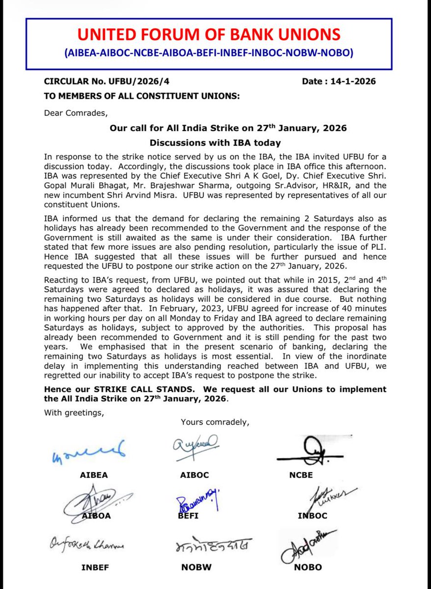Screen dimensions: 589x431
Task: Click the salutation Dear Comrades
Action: click(x=75, y=112)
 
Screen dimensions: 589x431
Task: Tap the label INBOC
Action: click(x=312, y=516)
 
